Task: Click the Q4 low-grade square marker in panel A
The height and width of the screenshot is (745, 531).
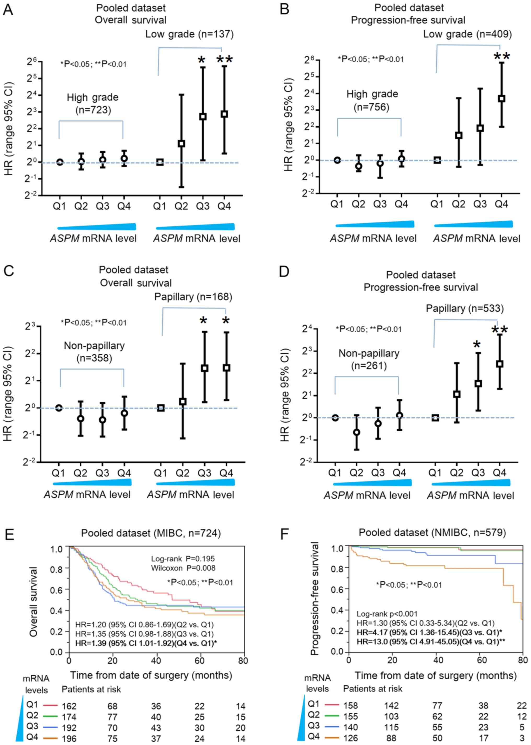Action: pyautogui.click(x=224, y=114)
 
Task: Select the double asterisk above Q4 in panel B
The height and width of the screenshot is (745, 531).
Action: pyautogui.click(x=501, y=56)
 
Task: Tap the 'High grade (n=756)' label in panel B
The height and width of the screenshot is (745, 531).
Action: pyautogui.click(x=372, y=100)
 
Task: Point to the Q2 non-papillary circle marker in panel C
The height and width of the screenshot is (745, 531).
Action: pyautogui.click(x=81, y=419)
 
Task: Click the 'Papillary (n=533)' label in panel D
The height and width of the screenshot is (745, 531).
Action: pyautogui.click(x=465, y=308)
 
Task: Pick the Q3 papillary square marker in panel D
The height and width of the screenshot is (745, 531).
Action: pyautogui.click(x=478, y=383)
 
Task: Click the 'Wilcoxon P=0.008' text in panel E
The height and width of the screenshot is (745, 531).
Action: pyautogui.click(x=183, y=568)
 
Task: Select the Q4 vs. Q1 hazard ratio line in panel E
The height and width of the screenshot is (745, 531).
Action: pyautogui.click(x=146, y=643)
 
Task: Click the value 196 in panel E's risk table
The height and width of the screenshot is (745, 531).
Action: pyautogui.click(x=69, y=738)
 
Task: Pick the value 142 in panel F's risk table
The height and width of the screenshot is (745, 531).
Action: pyautogui.click(x=391, y=706)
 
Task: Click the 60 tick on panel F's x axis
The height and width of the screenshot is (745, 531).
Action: pyautogui.click(x=482, y=660)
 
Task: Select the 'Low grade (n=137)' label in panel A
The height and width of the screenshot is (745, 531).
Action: pyautogui.click(x=189, y=34)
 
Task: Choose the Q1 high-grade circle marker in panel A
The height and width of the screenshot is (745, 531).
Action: pyautogui.click(x=60, y=162)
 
